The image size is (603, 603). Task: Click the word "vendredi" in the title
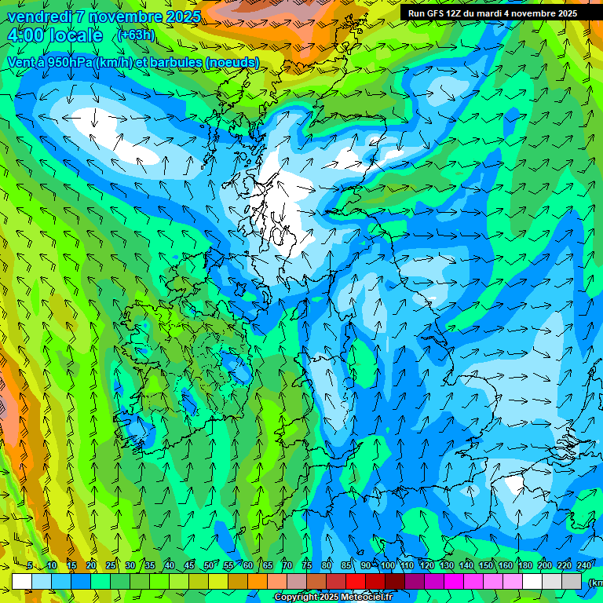coord(41,16)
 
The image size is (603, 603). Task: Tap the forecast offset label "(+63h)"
coord(136,35)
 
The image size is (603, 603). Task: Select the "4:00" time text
coord(25,35)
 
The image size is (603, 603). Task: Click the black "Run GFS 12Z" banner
coord(492,13)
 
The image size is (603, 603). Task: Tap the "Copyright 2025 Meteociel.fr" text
coord(333,598)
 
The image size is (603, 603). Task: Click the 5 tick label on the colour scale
coord(29,566)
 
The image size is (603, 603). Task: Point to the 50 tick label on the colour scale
coord(208,566)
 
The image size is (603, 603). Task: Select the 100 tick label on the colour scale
coord(388,566)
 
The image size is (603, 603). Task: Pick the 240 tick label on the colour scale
coord(583,566)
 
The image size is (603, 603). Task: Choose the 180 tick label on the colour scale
coord(524,566)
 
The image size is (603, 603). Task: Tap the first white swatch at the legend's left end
coord(21,581)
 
